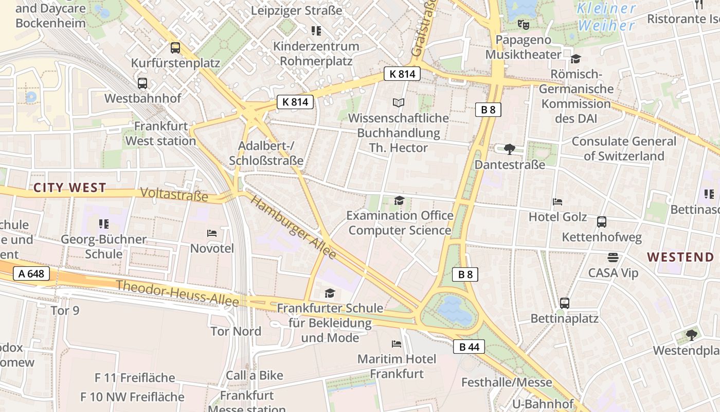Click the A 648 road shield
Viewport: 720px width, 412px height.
(x=31, y=273)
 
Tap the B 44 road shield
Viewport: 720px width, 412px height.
(x=469, y=347)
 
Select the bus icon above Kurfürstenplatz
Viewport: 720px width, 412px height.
(x=175, y=48)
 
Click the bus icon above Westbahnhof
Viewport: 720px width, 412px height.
(x=142, y=83)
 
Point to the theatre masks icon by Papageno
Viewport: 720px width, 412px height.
(x=524, y=24)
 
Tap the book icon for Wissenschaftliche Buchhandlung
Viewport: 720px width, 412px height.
(x=399, y=102)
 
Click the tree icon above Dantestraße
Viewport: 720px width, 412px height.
(x=510, y=149)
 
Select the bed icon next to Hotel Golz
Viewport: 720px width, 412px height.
(x=557, y=202)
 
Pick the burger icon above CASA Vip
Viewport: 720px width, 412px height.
(x=613, y=257)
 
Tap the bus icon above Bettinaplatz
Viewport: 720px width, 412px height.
(x=565, y=303)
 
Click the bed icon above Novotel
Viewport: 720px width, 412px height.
(x=212, y=233)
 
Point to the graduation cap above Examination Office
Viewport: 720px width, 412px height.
(x=399, y=200)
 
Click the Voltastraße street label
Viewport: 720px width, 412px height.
(x=174, y=195)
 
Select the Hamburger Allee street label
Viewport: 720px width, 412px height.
(x=294, y=227)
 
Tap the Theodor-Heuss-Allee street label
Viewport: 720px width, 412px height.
(x=177, y=293)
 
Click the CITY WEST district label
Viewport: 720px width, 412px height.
(x=70, y=188)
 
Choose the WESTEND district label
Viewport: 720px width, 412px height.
(x=680, y=257)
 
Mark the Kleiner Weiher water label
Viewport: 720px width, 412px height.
(x=607, y=16)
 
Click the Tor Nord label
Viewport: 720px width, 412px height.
(x=236, y=331)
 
